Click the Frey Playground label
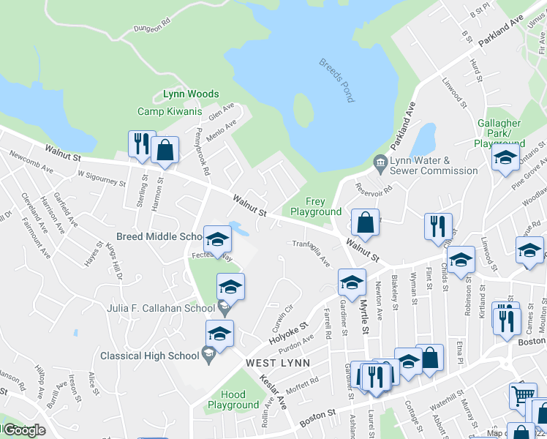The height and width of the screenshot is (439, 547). (x=315, y=206)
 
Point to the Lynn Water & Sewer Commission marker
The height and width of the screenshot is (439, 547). (x=380, y=161)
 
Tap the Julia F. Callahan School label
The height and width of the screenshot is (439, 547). (x=163, y=308)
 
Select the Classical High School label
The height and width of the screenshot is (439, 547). (x=149, y=356)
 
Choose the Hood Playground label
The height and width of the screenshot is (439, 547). (x=233, y=399)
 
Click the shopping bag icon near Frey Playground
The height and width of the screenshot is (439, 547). (x=364, y=222)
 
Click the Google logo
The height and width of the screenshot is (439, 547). (x=25, y=431)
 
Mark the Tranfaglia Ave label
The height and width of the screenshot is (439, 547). (x=312, y=253)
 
